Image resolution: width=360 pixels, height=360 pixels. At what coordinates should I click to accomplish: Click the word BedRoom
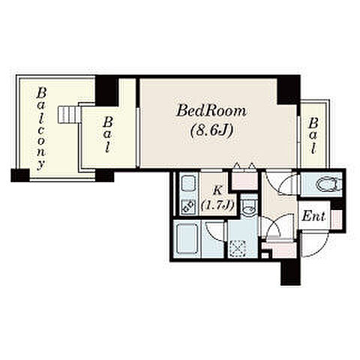(211, 112)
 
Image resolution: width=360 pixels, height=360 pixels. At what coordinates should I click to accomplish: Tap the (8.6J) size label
(212, 130)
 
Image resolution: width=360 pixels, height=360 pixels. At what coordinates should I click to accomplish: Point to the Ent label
(313, 216)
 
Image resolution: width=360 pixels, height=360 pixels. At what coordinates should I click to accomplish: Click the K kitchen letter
(217, 190)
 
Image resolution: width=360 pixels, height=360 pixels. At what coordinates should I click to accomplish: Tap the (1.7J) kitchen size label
(217, 205)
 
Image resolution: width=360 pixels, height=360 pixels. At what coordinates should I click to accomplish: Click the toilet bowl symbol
(328, 185)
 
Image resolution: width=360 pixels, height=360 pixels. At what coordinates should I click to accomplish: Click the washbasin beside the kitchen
(248, 206)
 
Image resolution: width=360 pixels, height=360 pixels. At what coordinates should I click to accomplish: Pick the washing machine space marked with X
(237, 248)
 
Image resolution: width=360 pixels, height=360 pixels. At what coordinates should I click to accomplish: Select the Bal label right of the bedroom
(313, 136)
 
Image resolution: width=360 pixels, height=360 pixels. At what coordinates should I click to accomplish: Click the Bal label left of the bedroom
(108, 134)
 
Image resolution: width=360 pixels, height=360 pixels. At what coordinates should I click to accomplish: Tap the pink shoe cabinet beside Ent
(337, 219)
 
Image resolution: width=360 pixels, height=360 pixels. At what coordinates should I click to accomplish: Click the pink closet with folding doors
(244, 180)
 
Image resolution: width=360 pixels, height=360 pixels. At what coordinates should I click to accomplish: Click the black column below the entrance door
(290, 272)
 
